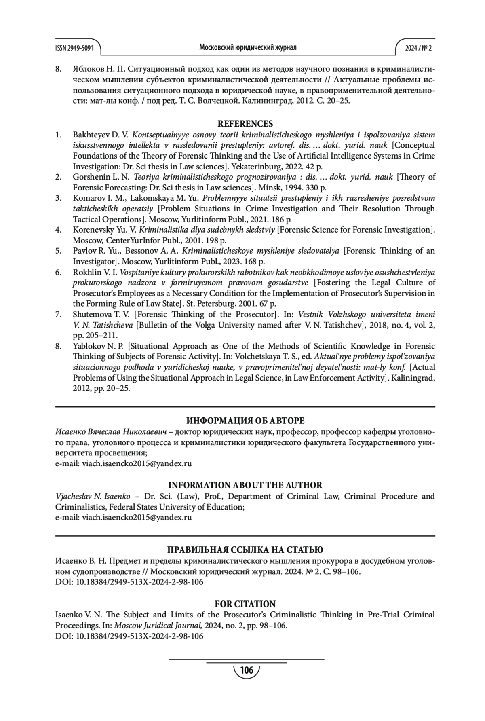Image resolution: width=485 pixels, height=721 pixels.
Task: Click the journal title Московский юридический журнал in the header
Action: [x=248, y=47]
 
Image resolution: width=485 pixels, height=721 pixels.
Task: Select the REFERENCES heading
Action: [x=245, y=124]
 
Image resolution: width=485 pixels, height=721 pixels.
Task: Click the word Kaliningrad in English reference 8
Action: [x=412, y=378]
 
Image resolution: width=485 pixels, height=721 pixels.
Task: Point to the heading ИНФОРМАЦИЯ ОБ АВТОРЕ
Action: [x=245, y=421]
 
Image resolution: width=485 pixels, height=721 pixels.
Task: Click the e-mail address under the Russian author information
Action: [x=137, y=463]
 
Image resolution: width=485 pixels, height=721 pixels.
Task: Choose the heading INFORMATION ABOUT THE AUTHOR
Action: [x=245, y=485]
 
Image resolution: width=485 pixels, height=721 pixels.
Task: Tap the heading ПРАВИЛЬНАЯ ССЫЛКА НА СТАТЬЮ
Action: [x=245, y=550]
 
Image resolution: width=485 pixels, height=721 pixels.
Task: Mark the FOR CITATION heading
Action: [x=245, y=604]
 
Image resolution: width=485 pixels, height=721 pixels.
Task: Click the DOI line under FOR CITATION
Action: [x=129, y=636]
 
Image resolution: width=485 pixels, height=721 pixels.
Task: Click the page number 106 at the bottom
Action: [x=247, y=671]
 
